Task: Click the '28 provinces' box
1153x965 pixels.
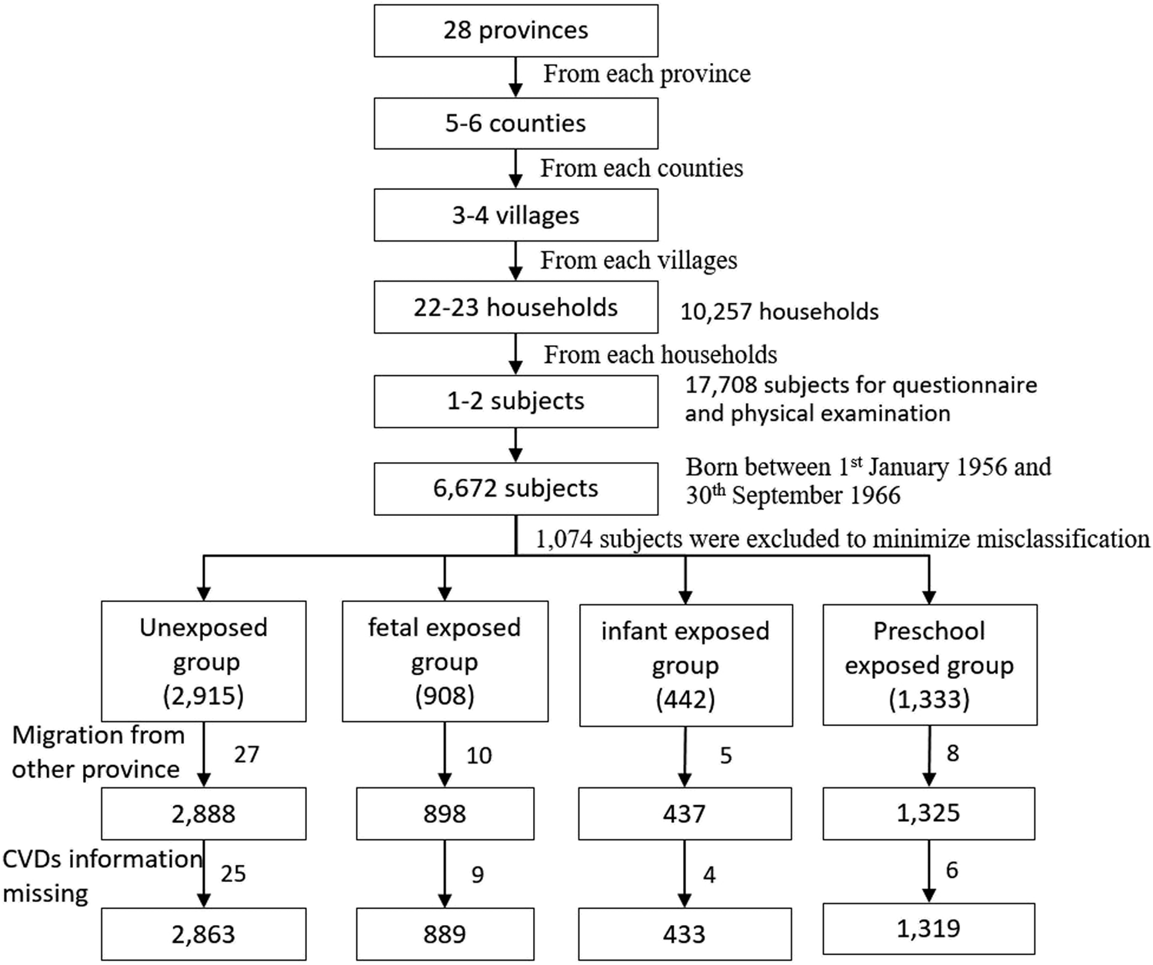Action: pyautogui.click(x=516, y=31)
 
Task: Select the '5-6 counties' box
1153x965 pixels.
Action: pyautogui.click(x=516, y=124)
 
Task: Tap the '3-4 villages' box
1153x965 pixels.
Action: pyautogui.click(x=516, y=215)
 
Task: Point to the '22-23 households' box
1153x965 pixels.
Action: pyautogui.click(x=516, y=308)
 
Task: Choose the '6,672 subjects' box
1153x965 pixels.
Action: pyautogui.click(x=516, y=489)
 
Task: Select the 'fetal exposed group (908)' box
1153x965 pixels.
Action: pyautogui.click(x=445, y=661)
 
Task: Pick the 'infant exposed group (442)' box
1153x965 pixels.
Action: pyautogui.click(x=686, y=665)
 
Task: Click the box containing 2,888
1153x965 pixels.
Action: pyautogui.click(x=204, y=814)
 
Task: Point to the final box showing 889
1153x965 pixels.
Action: pyautogui.click(x=445, y=934)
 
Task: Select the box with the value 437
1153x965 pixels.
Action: pyautogui.click(x=685, y=814)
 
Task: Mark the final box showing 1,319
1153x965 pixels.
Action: pyautogui.click(x=929, y=929)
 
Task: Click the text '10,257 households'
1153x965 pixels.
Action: pyautogui.click(x=779, y=312)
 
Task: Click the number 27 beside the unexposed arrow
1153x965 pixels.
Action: pyautogui.click(x=246, y=754)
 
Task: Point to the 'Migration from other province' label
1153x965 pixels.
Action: pyautogui.click(x=98, y=752)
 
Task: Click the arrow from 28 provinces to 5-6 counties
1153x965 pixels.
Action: pyautogui.click(x=516, y=78)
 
